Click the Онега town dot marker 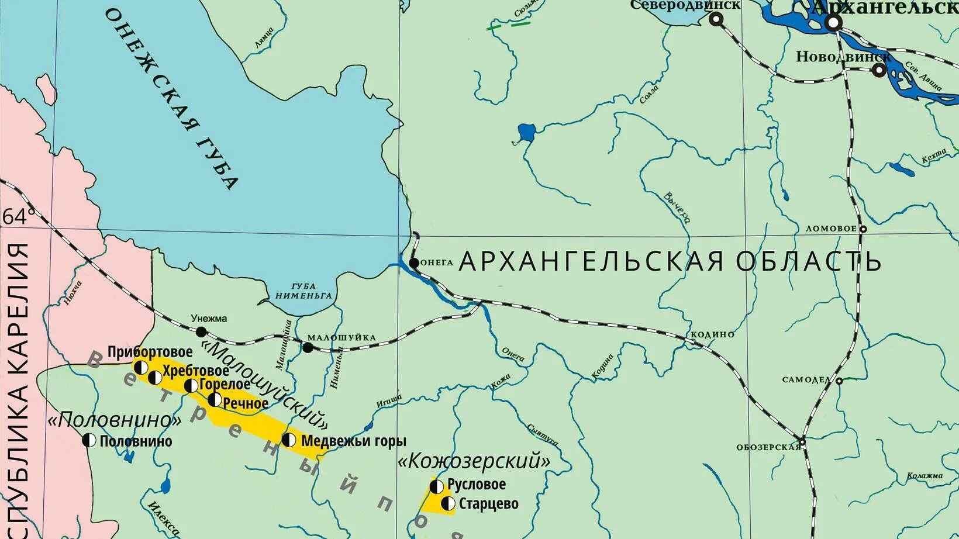tap(413, 263)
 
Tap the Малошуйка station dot tap(308, 348)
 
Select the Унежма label tap(209, 319)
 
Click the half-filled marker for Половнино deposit tap(89, 440)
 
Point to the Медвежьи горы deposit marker tap(289, 440)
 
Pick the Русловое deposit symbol tap(437, 486)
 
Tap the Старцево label tap(488, 504)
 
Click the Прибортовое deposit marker tap(141, 367)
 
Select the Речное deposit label tap(246, 403)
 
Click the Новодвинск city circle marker tap(878, 70)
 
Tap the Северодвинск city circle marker tap(716, 19)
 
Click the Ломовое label tap(831, 229)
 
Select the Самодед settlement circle tap(839, 381)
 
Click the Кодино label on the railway tap(712, 334)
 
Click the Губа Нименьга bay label tap(303, 291)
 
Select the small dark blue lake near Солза tap(526, 133)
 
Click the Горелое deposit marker tap(191, 385)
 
